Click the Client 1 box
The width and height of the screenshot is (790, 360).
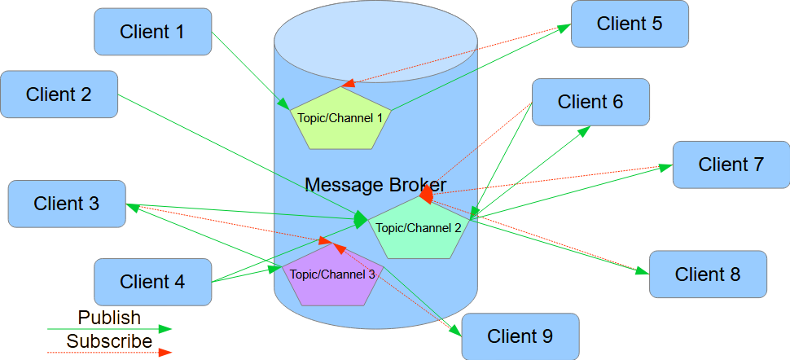pyautogui.click(x=152, y=33)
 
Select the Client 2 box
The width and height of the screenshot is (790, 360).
pyautogui.click(x=59, y=94)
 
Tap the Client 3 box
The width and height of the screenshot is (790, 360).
pyautogui.click(x=66, y=204)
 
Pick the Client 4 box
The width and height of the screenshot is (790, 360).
pyautogui.click(x=152, y=283)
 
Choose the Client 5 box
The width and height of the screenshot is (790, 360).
pyautogui.click(x=630, y=24)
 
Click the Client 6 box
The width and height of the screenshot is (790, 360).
pyautogui.click(x=590, y=102)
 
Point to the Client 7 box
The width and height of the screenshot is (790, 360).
pyautogui.click(x=731, y=165)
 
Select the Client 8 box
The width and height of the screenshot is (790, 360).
pyautogui.click(x=708, y=274)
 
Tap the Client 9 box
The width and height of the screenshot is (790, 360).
pyautogui.click(x=520, y=336)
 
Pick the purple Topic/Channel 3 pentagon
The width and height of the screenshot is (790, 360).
pyautogui.click(x=332, y=279)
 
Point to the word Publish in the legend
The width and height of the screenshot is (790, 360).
pyautogui.click(x=109, y=318)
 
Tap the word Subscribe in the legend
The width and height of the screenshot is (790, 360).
pyautogui.click(x=109, y=341)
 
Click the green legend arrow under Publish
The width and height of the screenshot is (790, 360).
pyautogui.click(x=109, y=329)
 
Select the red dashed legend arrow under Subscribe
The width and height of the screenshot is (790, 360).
pyautogui.click(x=109, y=353)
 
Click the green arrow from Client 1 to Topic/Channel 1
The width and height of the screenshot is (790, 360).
pyautogui.click(x=248, y=69)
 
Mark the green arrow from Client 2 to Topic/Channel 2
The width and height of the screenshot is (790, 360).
pyautogui.click(x=236, y=155)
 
